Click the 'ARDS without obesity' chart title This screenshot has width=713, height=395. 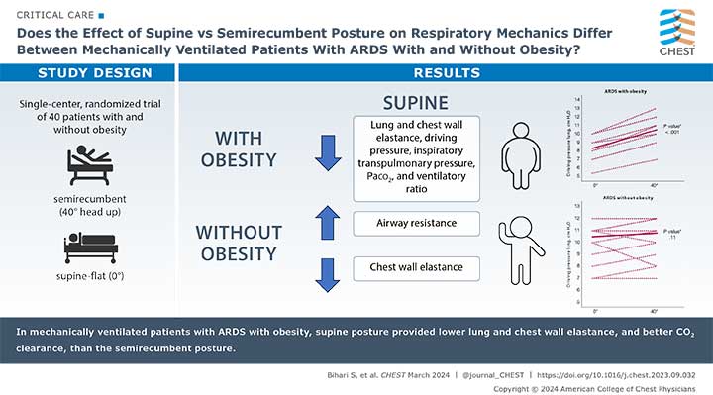tap(628, 195)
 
